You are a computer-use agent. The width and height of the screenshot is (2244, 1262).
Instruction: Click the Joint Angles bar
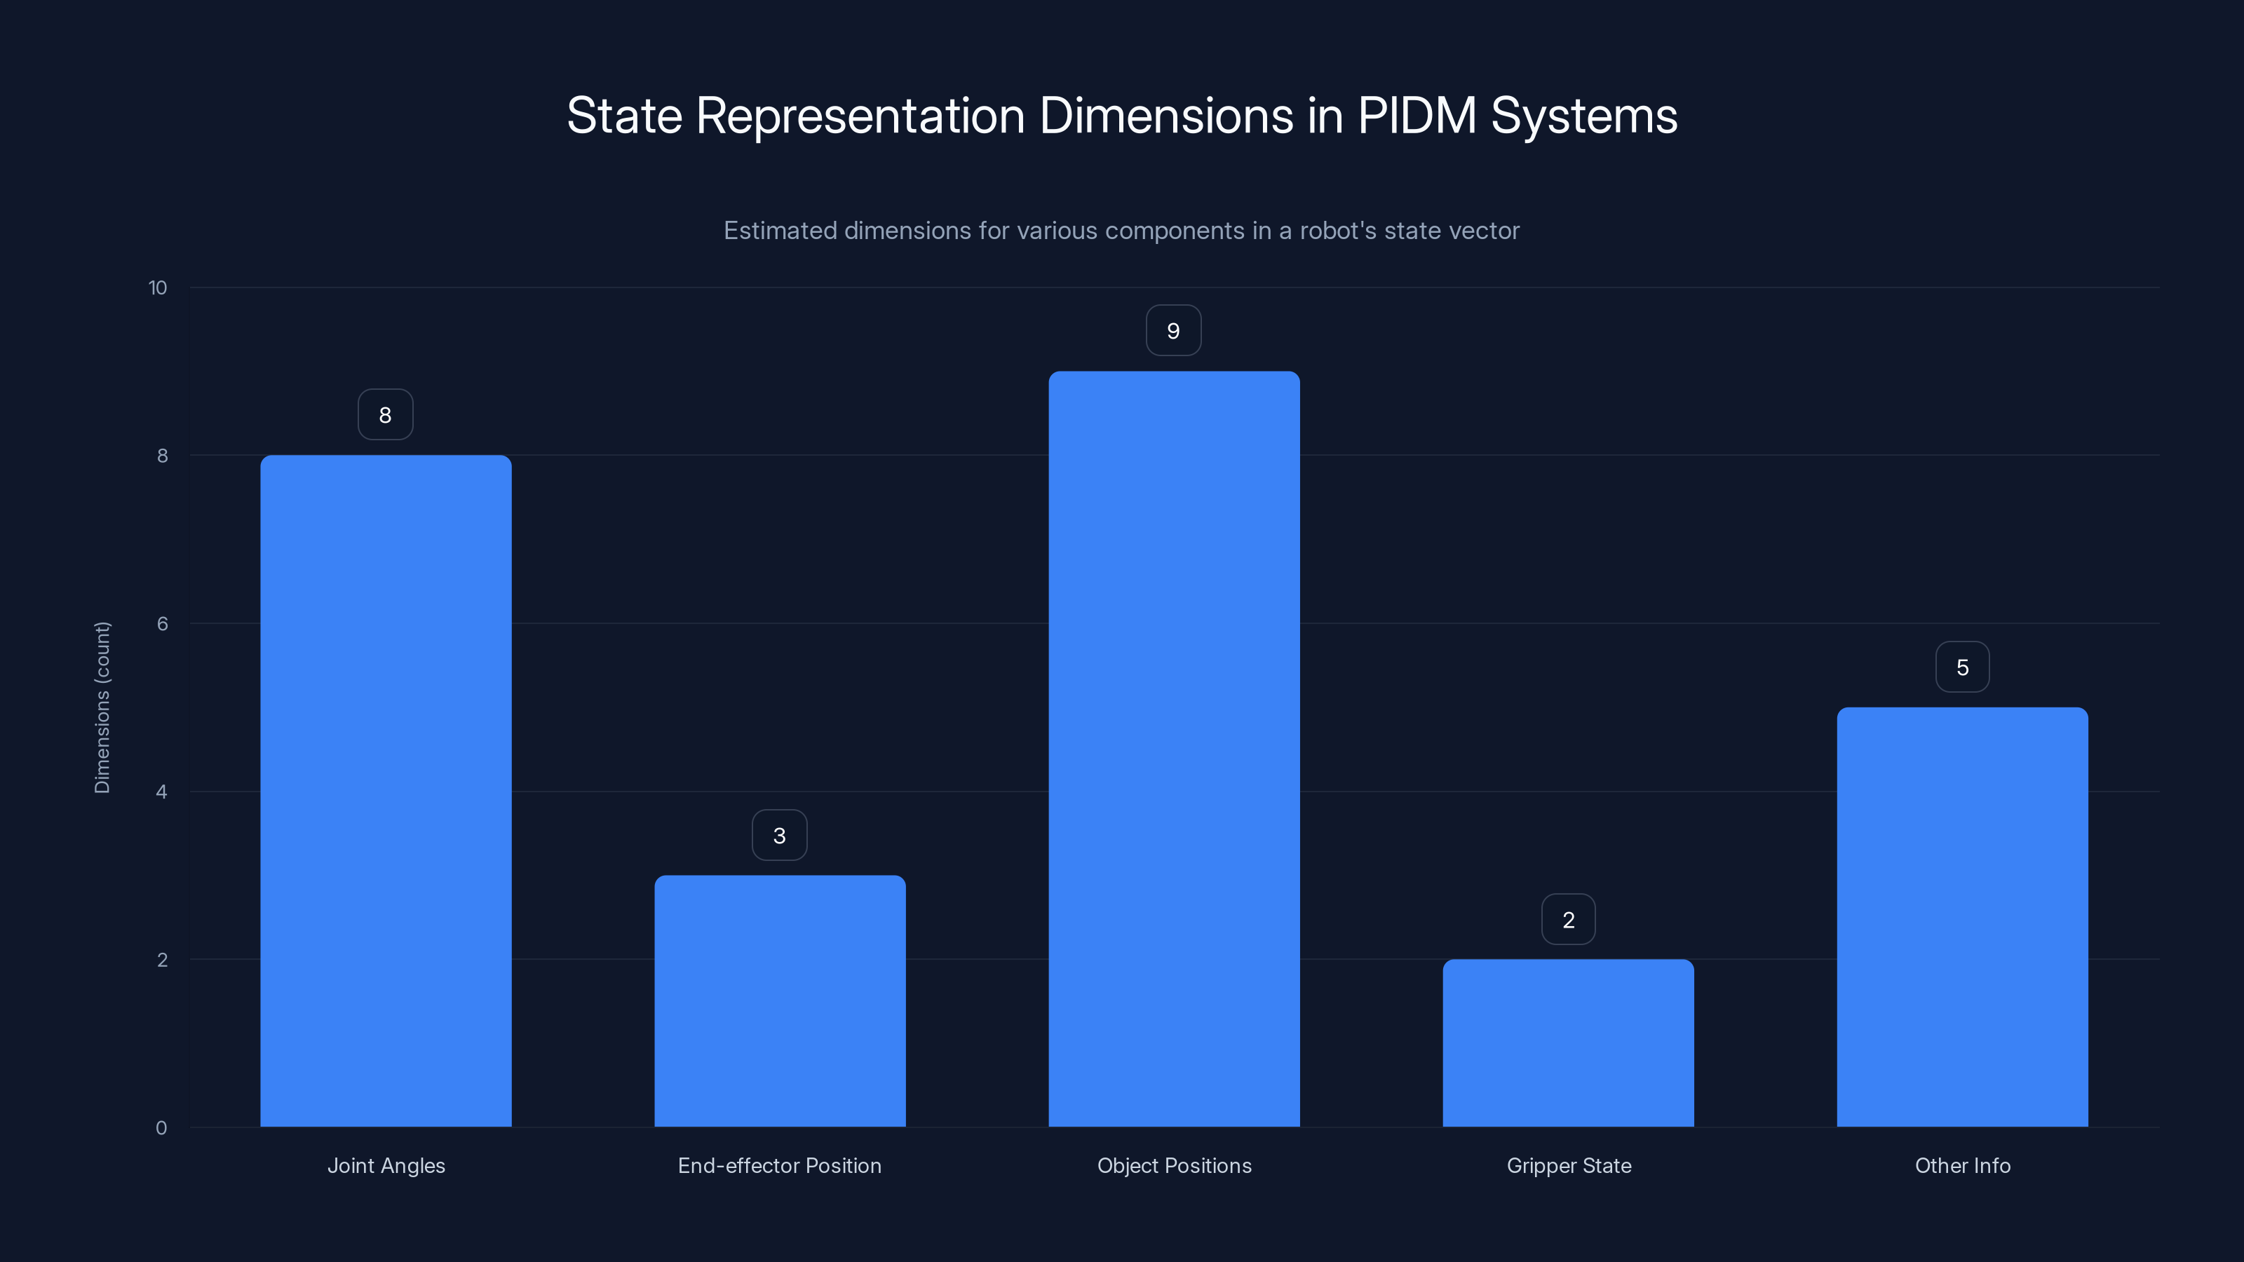(386, 791)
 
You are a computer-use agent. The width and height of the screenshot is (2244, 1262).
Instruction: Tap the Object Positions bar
(1173, 749)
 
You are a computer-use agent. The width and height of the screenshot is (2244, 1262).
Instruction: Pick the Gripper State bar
(1568, 1043)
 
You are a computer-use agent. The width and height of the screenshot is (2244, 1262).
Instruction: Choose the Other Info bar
(1962, 916)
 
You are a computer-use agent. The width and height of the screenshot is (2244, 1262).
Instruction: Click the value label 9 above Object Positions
(1173, 331)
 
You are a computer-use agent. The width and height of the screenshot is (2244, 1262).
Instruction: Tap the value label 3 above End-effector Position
(780, 835)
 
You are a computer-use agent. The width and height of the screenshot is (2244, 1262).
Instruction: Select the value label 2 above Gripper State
(1568, 920)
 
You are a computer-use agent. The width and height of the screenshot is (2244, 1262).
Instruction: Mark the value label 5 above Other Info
(1962, 667)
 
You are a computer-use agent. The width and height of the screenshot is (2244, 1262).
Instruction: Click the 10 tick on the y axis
(158, 287)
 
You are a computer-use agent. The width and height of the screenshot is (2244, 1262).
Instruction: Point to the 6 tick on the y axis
(162, 623)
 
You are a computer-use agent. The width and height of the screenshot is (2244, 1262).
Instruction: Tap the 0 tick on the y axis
(161, 1128)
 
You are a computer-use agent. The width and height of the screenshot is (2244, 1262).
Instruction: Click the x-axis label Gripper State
(1568, 1165)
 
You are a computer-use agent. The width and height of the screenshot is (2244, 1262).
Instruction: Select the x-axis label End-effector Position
(780, 1165)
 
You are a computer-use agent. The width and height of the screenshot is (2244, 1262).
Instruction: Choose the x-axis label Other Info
(1962, 1165)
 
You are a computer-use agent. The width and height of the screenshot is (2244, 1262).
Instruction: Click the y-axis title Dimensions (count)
(102, 707)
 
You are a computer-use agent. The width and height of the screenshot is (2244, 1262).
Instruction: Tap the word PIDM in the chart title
(1417, 115)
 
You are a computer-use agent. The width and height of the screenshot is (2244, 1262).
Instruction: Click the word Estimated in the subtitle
(780, 231)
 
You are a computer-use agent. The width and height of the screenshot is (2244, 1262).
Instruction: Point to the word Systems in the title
(1583, 115)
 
